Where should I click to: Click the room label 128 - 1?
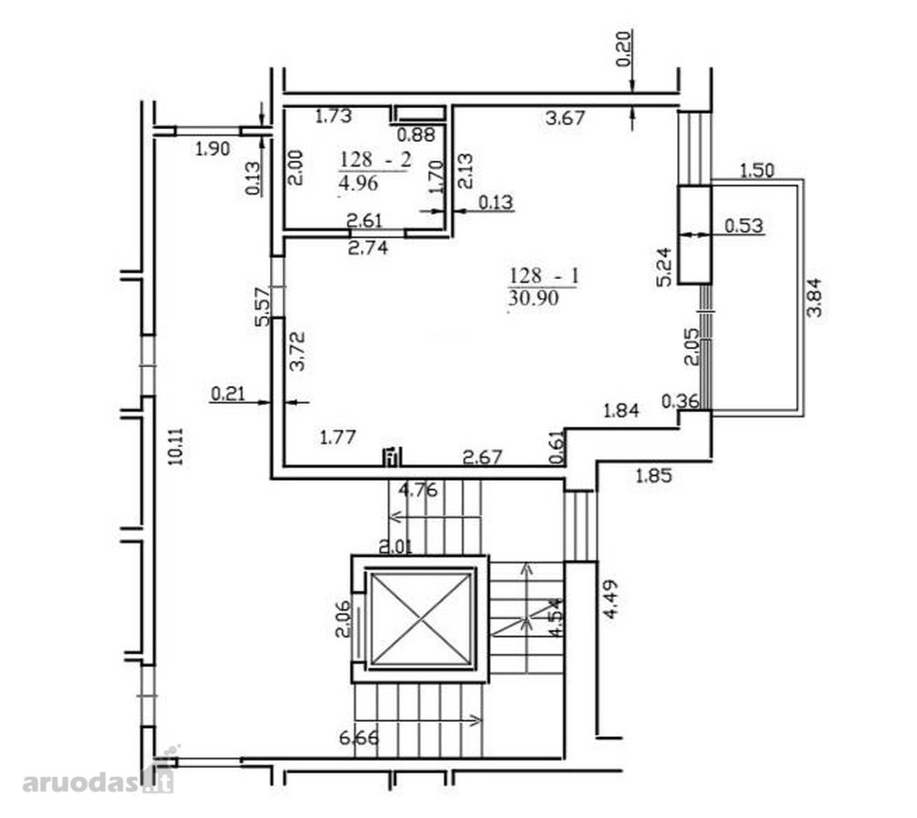tap(543, 275)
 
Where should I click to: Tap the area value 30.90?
tap(533, 298)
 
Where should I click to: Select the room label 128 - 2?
tap(376, 159)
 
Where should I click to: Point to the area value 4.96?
tap(358, 183)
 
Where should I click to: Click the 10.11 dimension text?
tap(175, 446)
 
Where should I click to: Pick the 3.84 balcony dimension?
tap(814, 297)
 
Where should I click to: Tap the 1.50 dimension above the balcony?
tap(757, 171)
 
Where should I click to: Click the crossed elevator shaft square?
tap(421, 619)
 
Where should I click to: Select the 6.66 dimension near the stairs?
tap(359, 738)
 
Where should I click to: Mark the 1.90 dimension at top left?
tap(213, 149)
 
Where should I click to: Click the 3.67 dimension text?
tap(565, 118)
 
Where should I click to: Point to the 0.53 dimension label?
tap(744, 225)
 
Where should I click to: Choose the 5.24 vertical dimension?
tap(665, 266)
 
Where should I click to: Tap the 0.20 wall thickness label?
tap(624, 49)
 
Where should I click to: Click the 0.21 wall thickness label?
tap(227, 394)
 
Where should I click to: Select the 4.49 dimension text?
tap(611, 599)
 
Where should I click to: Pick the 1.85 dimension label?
tap(653, 476)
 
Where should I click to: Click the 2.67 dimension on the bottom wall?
tap(483, 456)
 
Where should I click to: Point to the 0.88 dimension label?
tap(416, 135)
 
